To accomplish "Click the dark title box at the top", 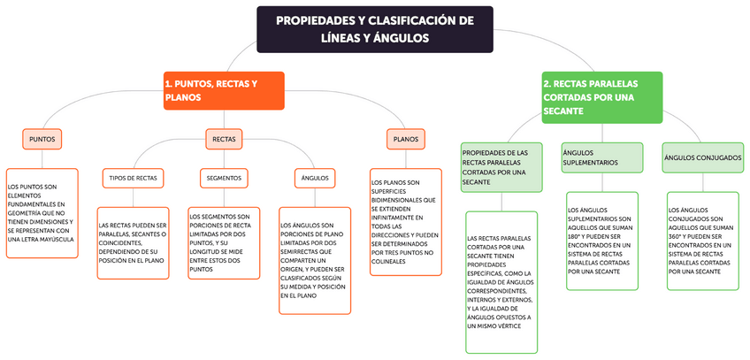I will (x=374, y=29).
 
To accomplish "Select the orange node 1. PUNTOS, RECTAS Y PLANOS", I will (x=223, y=90).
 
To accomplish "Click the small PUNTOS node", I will (x=42, y=140).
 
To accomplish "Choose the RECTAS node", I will (x=225, y=140).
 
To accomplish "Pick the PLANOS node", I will (x=406, y=140).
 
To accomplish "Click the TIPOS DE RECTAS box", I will (x=134, y=178).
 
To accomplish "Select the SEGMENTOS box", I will (x=224, y=178).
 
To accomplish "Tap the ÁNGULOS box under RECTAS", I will (x=315, y=178).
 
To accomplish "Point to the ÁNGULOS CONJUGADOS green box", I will (x=702, y=157).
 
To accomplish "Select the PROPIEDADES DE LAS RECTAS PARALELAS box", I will (x=501, y=166).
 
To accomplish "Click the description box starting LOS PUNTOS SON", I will (x=41, y=213).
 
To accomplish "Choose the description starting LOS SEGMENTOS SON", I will (x=224, y=243).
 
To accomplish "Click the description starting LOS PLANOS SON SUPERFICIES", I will (x=405, y=224).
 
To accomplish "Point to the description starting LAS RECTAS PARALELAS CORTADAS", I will (x=501, y=282).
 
